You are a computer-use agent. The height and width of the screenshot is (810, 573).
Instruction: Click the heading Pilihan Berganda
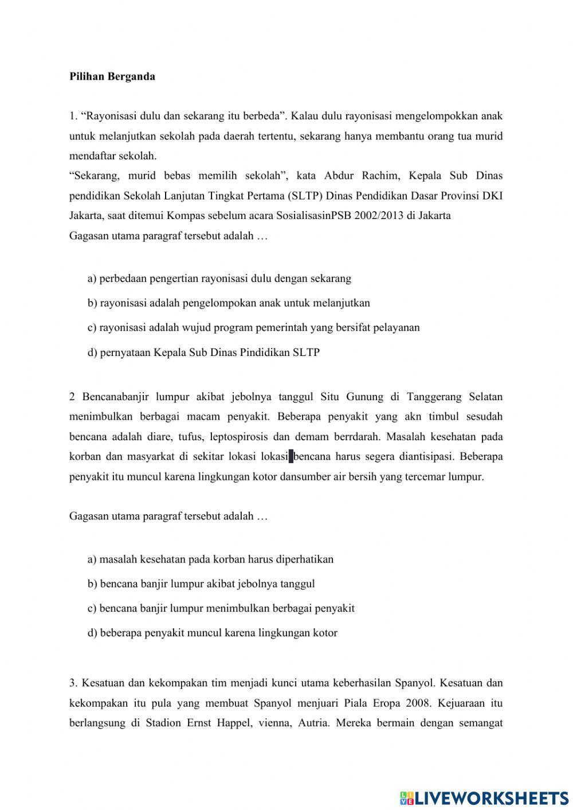click(112, 76)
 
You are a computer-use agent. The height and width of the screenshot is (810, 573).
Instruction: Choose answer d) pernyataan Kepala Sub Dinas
click(203, 353)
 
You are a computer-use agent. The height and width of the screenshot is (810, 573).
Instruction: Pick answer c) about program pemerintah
click(253, 328)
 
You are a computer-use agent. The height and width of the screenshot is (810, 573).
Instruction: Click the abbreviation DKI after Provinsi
click(492, 195)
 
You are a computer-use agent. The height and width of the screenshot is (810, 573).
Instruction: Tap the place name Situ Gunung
click(347, 397)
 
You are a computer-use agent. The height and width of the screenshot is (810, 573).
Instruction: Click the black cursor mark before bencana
click(291, 457)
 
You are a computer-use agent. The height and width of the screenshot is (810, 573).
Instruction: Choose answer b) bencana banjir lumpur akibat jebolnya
click(201, 584)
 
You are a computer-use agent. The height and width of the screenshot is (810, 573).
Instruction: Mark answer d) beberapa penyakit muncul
click(213, 633)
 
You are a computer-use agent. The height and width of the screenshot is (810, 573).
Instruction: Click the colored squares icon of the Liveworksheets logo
click(407, 798)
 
